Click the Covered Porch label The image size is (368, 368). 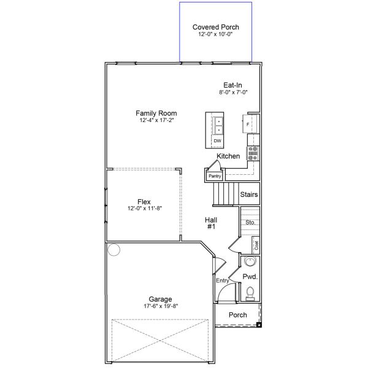215,27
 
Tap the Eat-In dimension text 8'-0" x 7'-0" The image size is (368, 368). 233,93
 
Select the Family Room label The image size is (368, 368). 156,113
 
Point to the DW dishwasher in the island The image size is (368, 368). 217,141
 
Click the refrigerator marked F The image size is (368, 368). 248,125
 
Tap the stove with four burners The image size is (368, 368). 253,153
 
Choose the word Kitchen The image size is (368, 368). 228,156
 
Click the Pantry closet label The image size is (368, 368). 214,176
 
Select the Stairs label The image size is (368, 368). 249,194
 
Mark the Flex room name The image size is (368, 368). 144,202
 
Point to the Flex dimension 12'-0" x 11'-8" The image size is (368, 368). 144,209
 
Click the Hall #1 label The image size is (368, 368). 212,223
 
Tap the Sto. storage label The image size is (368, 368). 250,222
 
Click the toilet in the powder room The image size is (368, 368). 250,296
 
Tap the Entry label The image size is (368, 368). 222,280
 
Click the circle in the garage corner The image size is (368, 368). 113,250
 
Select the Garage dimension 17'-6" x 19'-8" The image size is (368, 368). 160,306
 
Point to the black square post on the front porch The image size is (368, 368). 259,324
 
